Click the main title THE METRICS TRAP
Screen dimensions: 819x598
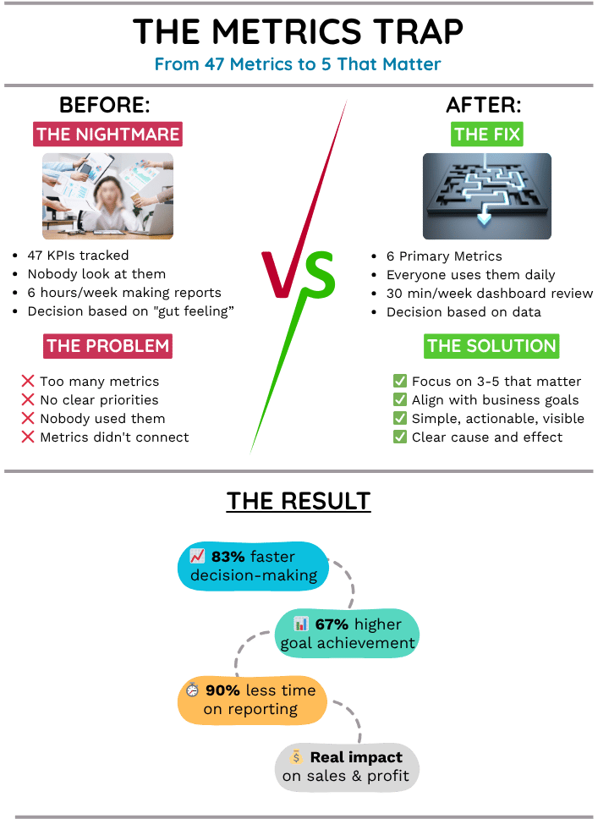299,32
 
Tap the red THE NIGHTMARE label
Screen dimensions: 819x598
107,135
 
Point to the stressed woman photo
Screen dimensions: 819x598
107,196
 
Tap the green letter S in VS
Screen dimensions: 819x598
319,276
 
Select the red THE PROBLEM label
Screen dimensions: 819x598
107,345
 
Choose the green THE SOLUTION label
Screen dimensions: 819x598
491,345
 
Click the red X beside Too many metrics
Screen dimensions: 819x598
28,382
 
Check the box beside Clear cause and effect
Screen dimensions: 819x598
400,437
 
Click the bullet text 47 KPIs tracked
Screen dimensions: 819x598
77,256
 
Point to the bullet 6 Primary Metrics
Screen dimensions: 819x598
444,256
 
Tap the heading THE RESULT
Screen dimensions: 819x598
299,501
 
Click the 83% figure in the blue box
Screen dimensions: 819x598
228,557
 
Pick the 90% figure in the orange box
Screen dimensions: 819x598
222,690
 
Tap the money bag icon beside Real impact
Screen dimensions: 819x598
295,757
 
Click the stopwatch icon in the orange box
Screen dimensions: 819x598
192,690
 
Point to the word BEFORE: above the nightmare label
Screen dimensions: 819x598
105,106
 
